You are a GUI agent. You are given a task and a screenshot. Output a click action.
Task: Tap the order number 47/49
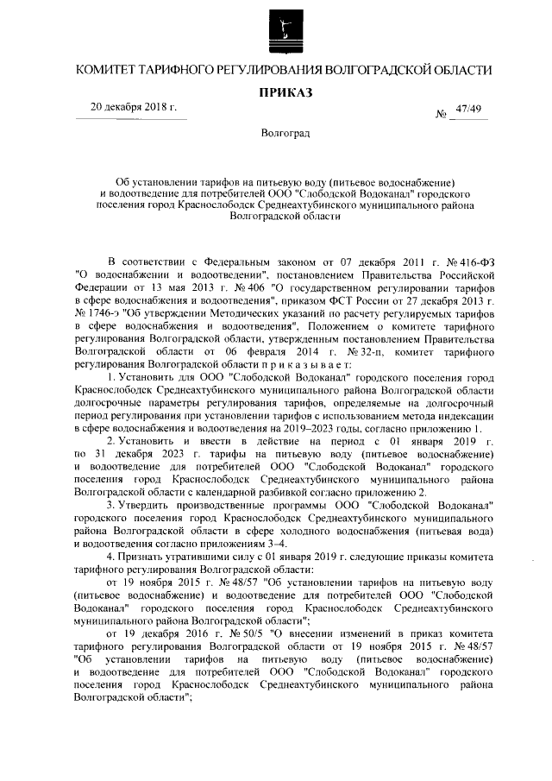click(x=469, y=108)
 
